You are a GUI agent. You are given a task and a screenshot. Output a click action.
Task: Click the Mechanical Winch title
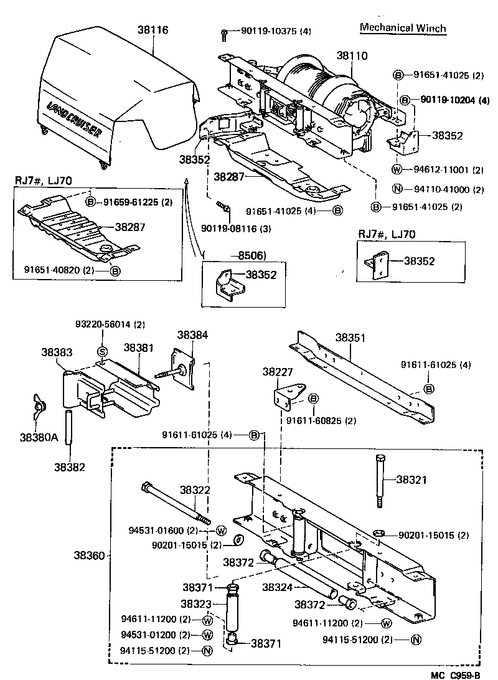pyautogui.click(x=403, y=28)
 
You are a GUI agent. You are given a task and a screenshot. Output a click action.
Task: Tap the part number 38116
pyautogui.click(x=153, y=29)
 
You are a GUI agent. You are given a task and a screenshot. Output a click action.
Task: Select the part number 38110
pyautogui.click(x=352, y=55)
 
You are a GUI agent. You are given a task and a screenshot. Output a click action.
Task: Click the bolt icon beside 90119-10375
pyautogui.click(x=224, y=32)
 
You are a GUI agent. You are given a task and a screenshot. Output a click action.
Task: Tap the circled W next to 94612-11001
pyautogui.click(x=397, y=169)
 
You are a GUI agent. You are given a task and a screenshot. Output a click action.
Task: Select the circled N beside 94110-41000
pyautogui.click(x=397, y=189)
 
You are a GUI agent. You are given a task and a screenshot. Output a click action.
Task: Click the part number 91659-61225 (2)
pyautogui.click(x=138, y=202)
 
